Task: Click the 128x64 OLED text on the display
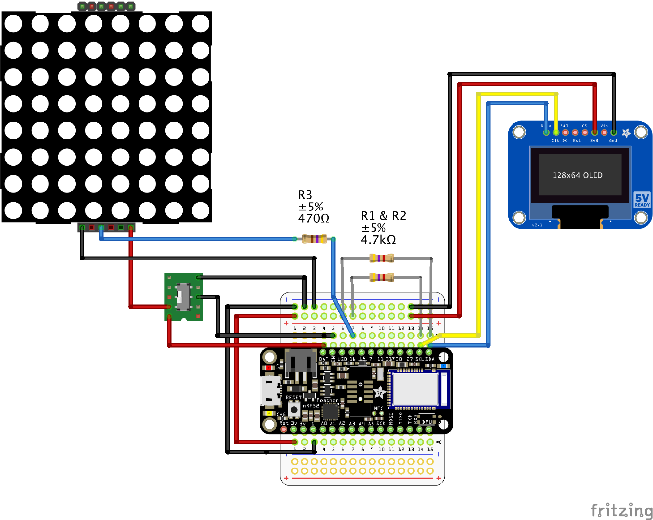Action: pyautogui.click(x=577, y=175)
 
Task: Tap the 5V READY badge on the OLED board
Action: pyautogui.click(x=642, y=200)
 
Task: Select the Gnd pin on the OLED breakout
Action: pyautogui.click(x=613, y=133)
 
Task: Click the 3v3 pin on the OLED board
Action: pyautogui.click(x=594, y=133)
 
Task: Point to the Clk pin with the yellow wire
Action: pyautogui.click(x=556, y=133)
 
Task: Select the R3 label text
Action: pyautogui.click(x=305, y=195)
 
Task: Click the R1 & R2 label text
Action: pyautogui.click(x=383, y=216)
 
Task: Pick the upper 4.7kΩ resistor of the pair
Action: pyautogui.click(x=382, y=258)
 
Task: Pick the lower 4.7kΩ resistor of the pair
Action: pyautogui.click(x=382, y=277)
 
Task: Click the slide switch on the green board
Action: pyautogui.click(x=184, y=296)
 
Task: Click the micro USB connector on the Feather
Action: pyautogui.click(x=271, y=390)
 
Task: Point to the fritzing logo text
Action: pyautogui.click(x=621, y=510)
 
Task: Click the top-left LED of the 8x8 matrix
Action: pyautogui.click(x=14, y=23)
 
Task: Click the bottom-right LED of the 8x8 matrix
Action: pyautogui.click(x=200, y=210)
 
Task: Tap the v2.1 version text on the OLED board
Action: pyautogui.click(x=537, y=225)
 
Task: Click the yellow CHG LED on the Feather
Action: pyautogui.click(x=269, y=413)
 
